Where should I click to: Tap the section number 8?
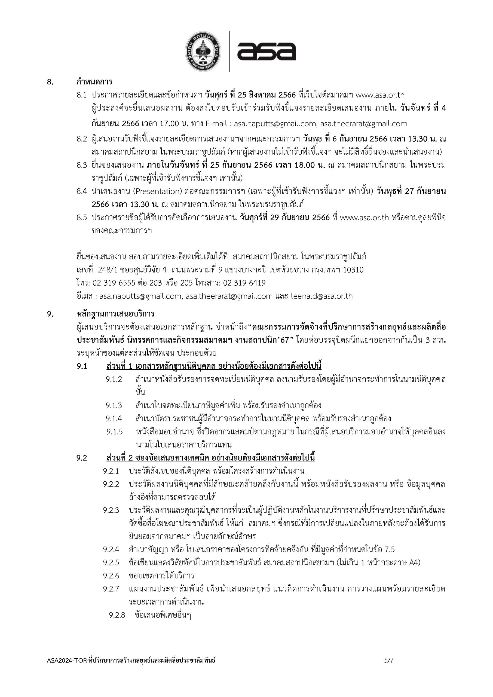[x=50, y=82]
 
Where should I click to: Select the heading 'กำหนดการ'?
[x=94, y=82]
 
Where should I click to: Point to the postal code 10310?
[x=353, y=270]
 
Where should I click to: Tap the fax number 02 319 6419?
[x=244, y=283]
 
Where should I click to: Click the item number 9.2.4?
[x=111, y=549]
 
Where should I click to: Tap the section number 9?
[x=50, y=314]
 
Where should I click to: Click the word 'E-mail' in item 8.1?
[x=217, y=124]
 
